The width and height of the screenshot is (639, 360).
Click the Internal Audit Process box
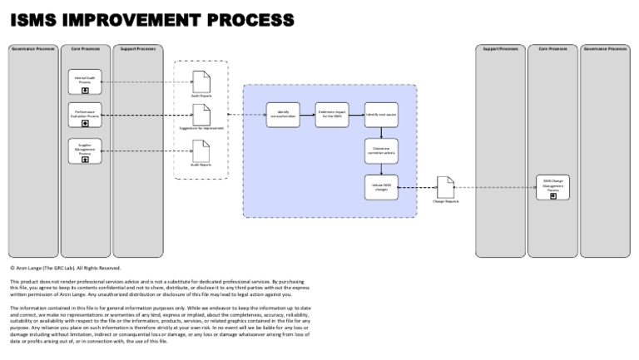pos(85,80)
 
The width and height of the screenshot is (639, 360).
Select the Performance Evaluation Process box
pos(85,115)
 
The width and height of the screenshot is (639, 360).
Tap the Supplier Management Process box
pos(85,151)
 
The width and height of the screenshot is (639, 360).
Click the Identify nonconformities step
pos(282,115)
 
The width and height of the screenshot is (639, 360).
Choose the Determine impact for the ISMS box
pos(331,115)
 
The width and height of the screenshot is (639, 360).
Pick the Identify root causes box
pos(381,115)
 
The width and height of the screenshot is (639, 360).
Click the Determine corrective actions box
pos(381,150)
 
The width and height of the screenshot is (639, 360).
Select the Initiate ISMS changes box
pos(381,187)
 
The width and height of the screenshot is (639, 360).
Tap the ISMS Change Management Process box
pos(553,187)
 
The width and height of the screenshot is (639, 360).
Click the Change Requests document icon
pos(445,187)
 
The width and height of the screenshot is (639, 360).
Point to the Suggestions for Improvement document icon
pos(201,115)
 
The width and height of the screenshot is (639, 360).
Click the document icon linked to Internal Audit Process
pos(201,81)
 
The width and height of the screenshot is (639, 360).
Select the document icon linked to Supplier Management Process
pos(201,150)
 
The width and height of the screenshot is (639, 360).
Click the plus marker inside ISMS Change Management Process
pos(553,195)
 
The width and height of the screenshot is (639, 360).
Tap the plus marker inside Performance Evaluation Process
pos(85,123)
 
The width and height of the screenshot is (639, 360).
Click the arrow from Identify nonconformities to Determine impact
pos(307,115)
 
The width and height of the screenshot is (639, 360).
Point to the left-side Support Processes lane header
pos(138,48)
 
